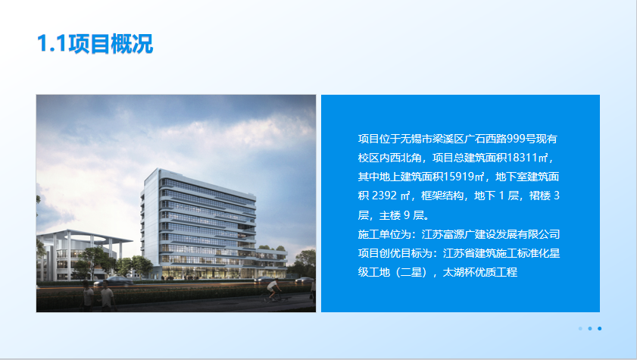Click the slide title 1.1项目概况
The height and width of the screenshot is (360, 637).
(95, 43)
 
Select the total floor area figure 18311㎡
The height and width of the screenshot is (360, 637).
(528, 158)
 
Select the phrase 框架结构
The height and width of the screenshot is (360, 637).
(442, 196)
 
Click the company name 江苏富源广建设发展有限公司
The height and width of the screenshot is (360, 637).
(491, 234)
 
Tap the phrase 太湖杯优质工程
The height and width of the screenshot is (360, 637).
(479, 272)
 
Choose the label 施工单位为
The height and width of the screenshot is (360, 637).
(384, 234)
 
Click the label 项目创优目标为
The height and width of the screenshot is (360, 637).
(395, 253)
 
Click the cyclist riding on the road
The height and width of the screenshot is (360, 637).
(273, 290)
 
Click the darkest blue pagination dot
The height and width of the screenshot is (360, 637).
(600, 328)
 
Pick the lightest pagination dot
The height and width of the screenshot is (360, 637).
(580, 328)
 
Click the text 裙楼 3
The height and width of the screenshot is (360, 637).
(545, 196)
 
